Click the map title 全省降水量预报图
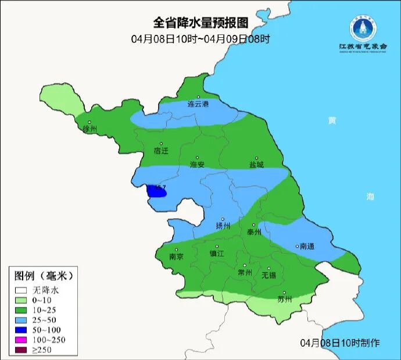(x=201, y=23)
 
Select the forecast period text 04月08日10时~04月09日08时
(x=201, y=39)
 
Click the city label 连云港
(x=198, y=105)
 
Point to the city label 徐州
(x=90, y=129)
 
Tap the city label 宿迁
(x=161, y=151)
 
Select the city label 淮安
(x=198, y=165)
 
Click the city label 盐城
(x=256, y=165)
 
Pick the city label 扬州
(x=223, y=226)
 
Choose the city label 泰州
(x=254, y=231)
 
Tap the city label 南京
(x=176, y=256)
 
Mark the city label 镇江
(x=217, y=254)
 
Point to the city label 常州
(x=245, y=272)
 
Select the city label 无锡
(x=269, y=275)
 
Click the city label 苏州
(x=284, y=300)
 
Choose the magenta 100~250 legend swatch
(x=22, y=338)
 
